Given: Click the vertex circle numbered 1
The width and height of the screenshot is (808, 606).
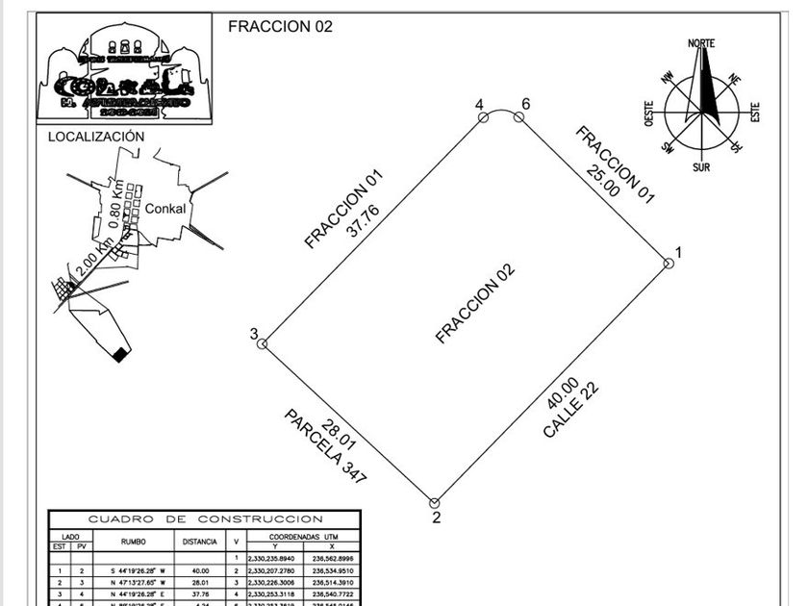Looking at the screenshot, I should (x=668, y=263).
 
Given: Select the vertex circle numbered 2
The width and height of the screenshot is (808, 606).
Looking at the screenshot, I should (x=435, y=502).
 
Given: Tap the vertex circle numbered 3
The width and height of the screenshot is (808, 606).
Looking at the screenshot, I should (x=264, y=342).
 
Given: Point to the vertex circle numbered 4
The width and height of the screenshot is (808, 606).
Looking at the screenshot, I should (x=483, y=116).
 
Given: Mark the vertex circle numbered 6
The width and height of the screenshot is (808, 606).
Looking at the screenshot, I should (x=518, y=116).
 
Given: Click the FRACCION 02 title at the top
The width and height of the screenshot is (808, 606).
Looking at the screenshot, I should (x=280, y=27).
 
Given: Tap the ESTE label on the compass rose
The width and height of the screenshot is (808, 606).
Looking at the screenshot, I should (x=755, y=113).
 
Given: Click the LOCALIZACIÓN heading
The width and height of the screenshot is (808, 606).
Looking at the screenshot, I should (x=96, y=137).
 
